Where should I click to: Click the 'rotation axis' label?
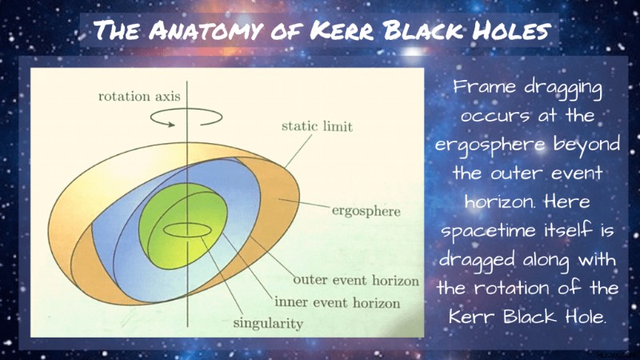click(x=139, y=96)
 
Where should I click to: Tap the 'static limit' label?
click(x=317, y=126)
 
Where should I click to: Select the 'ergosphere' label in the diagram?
click(x=366, y=211)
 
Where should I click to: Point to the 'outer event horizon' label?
click(x=356, y=281)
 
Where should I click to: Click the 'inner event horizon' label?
click(x=337, y=302)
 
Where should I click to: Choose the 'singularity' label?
click(x=268, y=323)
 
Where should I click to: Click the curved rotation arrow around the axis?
click(x=186, y=117)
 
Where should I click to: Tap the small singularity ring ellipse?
click(x=188, y=230)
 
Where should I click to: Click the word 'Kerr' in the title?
click(x=341, y=30)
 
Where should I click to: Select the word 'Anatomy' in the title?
click(x=204, y=30)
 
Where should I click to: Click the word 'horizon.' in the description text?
click(x=499, y=202)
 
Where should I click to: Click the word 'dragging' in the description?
click(x=563, y=89)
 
